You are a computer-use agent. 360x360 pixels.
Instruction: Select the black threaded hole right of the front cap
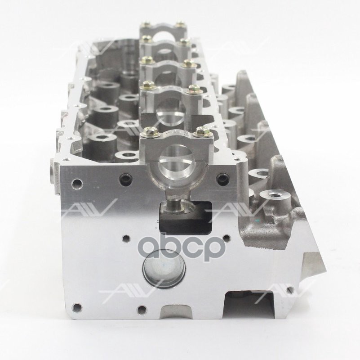pyautogui.click(x=221, y=179)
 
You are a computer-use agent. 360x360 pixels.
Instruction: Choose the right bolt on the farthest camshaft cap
pyautogui.click(x=180, y=24)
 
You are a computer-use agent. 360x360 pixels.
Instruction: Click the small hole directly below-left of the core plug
pyautogui.click(x=142, y=309)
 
